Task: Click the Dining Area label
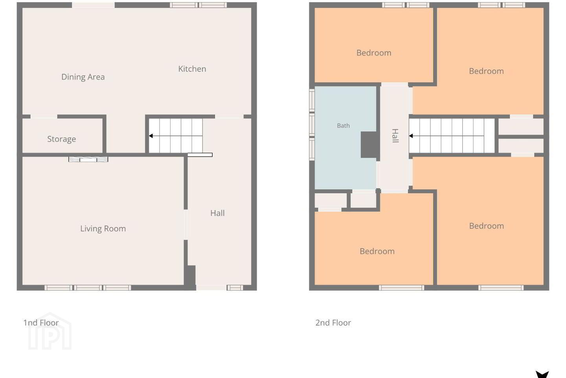83,77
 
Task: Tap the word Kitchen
192,69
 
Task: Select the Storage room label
61,139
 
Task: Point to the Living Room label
103,229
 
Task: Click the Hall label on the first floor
218,213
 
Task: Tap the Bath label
344,126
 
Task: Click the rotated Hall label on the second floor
395,136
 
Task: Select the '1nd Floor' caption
41,323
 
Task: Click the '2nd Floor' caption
333,323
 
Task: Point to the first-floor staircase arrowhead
151,136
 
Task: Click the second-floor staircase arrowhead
411,136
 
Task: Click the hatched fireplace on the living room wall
88,159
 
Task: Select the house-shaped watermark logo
50,331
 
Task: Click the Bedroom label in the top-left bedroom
374,53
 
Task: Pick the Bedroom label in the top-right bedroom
487,71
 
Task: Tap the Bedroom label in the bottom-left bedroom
377,251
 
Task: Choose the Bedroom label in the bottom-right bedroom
487,226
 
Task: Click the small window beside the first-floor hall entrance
235,287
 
